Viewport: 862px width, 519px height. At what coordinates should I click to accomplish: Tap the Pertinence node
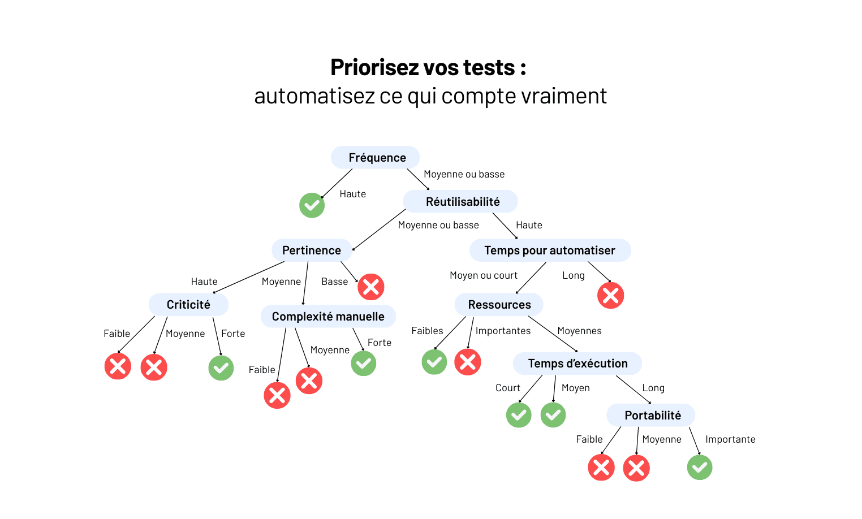312,250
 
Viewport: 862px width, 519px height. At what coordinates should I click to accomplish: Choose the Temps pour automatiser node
550,250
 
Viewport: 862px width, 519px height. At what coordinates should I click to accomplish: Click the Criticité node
188,305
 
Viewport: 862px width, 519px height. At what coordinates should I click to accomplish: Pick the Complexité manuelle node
328,317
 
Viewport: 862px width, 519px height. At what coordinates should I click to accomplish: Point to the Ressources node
499,305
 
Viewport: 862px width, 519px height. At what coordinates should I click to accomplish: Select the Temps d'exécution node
577,364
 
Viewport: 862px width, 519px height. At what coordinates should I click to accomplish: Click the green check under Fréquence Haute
312,205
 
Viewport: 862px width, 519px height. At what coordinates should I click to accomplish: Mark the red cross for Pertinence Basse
371,287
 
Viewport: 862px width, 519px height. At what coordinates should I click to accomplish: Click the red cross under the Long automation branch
611,295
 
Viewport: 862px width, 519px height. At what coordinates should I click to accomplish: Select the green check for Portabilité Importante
700,468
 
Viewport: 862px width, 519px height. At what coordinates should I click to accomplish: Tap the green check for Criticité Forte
221,368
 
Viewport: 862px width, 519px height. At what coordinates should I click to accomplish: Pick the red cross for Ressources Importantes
468,362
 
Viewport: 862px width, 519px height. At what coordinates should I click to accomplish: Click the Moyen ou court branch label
484,275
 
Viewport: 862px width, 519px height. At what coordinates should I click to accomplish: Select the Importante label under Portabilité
730,439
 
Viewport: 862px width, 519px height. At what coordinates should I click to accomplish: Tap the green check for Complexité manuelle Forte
364,364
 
